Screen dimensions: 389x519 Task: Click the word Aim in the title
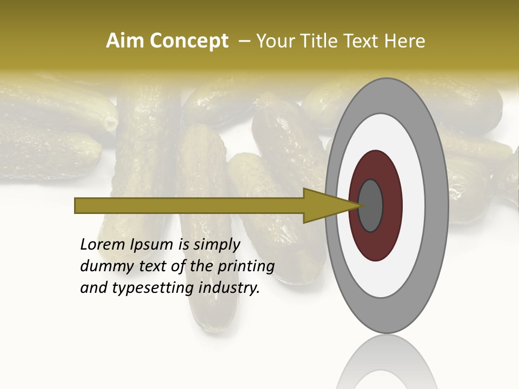tap(125, 41)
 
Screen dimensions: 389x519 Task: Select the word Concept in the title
tap(189, 41)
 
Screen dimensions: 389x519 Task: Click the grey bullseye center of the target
tap(370, 205)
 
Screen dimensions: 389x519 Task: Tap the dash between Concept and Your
tap(244, 42)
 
